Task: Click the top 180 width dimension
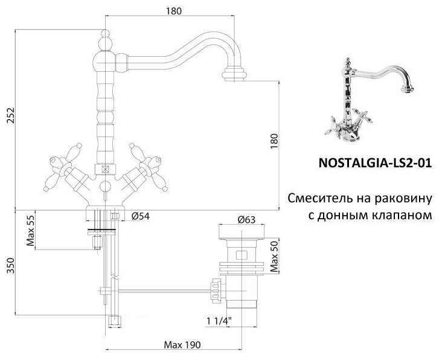pyautogui.click(x=173, y=10)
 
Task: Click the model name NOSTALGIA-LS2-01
pyautogui.click(x=374, y=163)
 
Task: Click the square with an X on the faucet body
pyautogui.click(x=107, y=170)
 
